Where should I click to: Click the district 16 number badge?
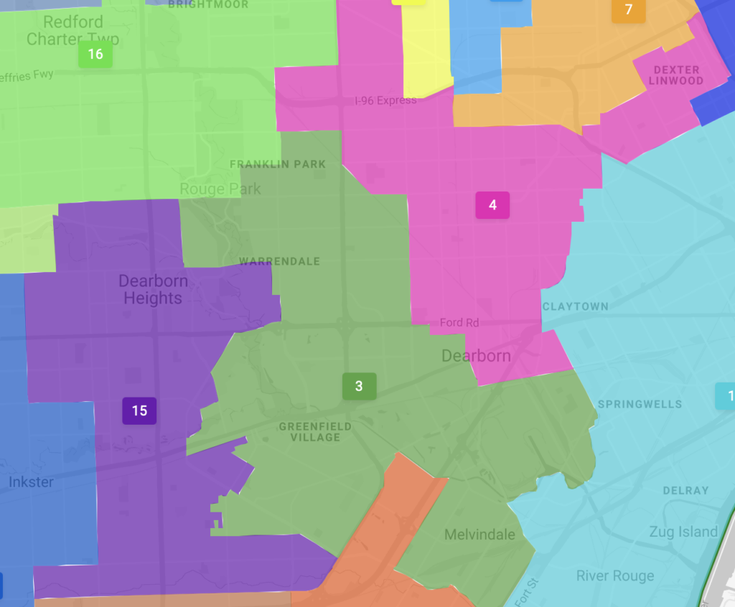(x=95, y=55)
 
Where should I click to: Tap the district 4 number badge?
(x=492, y=205)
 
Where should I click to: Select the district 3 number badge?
(x=359, y=386)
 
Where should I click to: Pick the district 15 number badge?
(x=139, y=410)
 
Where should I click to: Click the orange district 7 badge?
(x=629, y=10)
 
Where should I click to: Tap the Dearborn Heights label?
(x=153, y=290)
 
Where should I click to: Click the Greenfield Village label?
(x=315, y=432)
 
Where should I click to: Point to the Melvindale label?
(x=479, y=535)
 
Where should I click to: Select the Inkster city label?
(x=31, y=481)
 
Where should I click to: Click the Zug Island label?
(x=683, y=532)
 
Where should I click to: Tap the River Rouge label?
(x=615, y=576)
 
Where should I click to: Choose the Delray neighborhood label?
(x=685, y=491)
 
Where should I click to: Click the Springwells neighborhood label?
(x=640, y=404)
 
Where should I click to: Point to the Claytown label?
(x=576, y=306)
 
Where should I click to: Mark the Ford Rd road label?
(x=459, y=323)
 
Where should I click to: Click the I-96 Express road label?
(x=385, y=100)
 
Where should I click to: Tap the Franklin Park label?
(x=278, y=164)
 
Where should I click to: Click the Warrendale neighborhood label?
(x=279, y=261)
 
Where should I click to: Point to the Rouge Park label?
(x=220, y=189)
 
